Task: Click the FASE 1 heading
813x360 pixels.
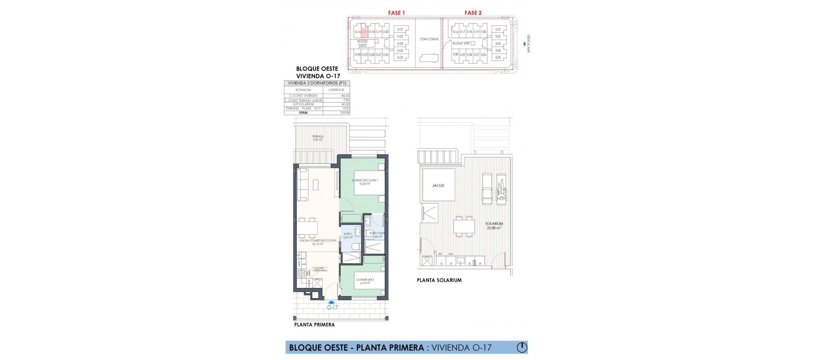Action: pos(396,13)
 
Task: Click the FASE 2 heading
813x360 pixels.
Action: pos(473,13)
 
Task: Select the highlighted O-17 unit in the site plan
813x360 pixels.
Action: pos(364,32)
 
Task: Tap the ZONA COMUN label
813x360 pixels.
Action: pos(429,39)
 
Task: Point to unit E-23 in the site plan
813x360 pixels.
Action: pos(498,44)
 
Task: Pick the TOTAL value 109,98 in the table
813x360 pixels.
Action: pos(345,113)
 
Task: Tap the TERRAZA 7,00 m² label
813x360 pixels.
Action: pos(318,138)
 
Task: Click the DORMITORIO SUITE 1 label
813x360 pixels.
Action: pos(365,182)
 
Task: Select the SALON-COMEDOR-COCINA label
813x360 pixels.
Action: pos(318,242)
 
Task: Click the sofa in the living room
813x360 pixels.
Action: pos(302,185)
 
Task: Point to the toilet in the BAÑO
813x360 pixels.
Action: pos(356,246)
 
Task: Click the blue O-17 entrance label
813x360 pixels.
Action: pos(332,307)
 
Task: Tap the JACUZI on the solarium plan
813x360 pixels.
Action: pos(438,186)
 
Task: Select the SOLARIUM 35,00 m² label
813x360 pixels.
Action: pos(494,225)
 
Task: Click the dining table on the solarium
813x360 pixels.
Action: pos(464,227)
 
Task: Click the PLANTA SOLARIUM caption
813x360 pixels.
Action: pos(439,280)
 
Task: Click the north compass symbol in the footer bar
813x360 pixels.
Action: pos(522,348)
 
